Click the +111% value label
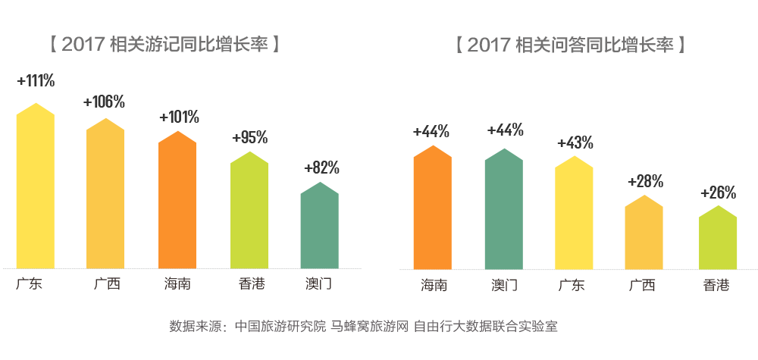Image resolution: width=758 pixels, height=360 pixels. (36, 80)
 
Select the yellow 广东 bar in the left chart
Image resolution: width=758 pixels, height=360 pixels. (36, 189)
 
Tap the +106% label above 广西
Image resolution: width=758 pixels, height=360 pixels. (105, 102)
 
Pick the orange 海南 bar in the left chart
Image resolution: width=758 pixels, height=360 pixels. (177, 202)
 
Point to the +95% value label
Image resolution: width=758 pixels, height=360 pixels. (250, 137)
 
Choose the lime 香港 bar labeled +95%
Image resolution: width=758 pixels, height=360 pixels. (249, 212)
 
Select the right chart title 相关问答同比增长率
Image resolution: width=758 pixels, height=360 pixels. (570, 43)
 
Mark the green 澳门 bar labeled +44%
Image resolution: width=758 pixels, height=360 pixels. (503, 211)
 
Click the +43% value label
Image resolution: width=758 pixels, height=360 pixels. (575, 142)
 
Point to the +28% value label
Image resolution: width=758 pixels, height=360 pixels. (646, 181)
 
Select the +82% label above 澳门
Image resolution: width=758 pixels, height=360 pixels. (321, 167)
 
